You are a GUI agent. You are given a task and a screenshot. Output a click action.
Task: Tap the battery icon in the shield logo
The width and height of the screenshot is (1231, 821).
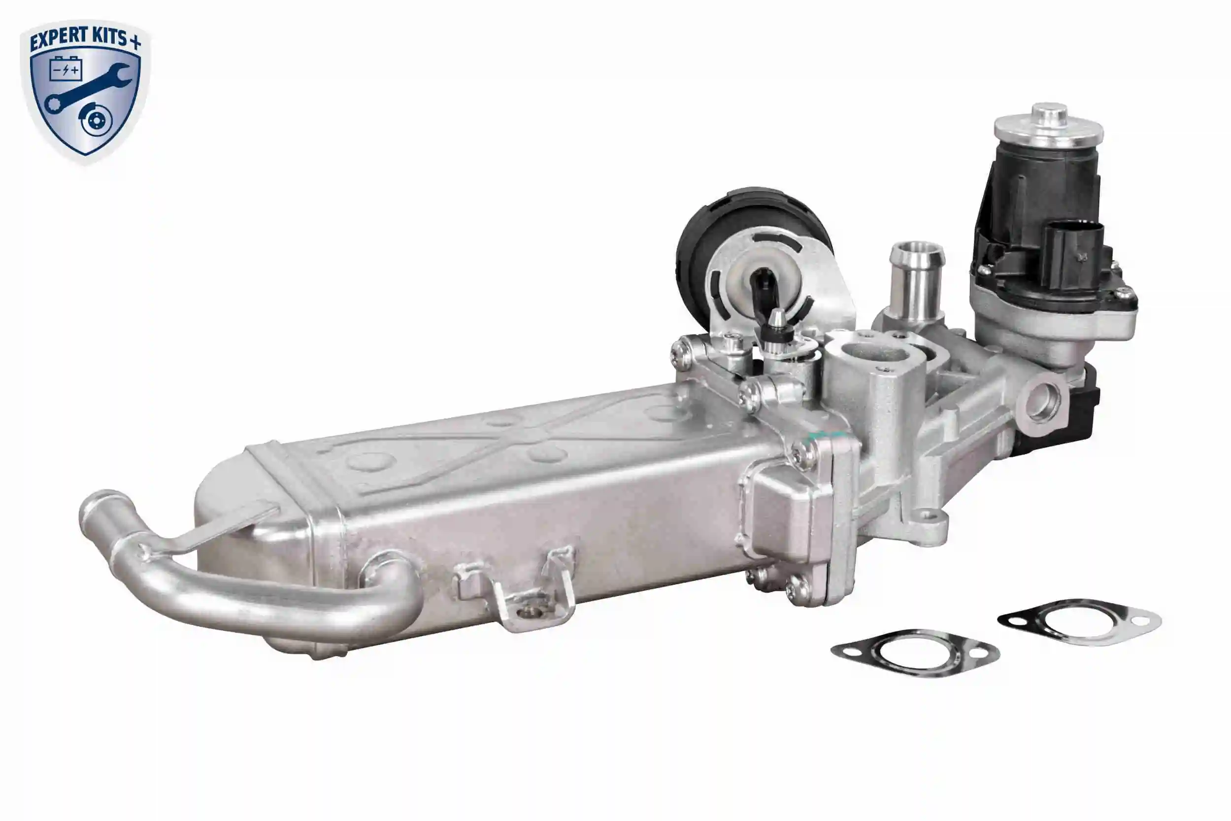pos(66,69)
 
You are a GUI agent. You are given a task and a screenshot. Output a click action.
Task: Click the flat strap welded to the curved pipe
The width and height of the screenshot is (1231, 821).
pos(220,529)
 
